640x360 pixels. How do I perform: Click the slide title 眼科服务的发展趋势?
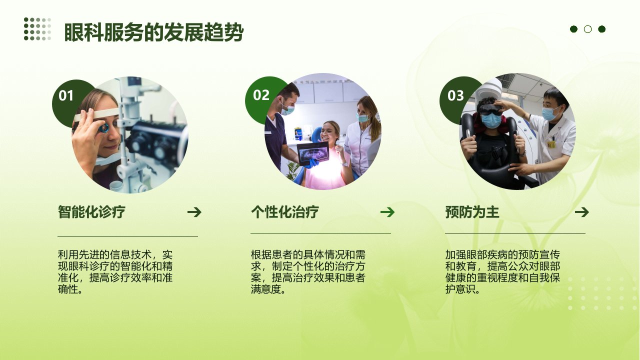tap(153, 32)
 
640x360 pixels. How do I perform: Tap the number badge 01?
tap(66, 95)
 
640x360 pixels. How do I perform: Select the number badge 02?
tap(261, 95)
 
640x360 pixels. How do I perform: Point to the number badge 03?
tap(455, 95)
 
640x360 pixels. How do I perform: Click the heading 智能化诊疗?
tap(91, 211)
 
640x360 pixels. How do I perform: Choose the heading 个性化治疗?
tap(285, 211)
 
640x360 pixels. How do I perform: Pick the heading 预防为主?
tap(472, 212)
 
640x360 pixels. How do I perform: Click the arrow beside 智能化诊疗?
tap(194, 212)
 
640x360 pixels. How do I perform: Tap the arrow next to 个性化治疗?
tap(387, 212)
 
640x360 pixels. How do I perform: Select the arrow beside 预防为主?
tap(581, 212)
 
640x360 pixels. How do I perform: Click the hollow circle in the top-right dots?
tap(587, 29)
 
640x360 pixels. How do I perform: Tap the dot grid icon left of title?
tap(37, 29)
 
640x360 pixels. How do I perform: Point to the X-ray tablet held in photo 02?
tap(313, 152)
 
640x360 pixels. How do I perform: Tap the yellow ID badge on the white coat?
tap(551, 144)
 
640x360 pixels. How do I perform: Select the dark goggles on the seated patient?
tap(491, 109)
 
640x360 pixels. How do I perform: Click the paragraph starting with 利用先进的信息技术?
tap(115, 271)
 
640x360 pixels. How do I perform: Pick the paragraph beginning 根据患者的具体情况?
tap(308, 271)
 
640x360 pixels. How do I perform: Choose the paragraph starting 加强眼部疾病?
tap(502, 271)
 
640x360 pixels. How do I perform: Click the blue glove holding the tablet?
tap(311, 163)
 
